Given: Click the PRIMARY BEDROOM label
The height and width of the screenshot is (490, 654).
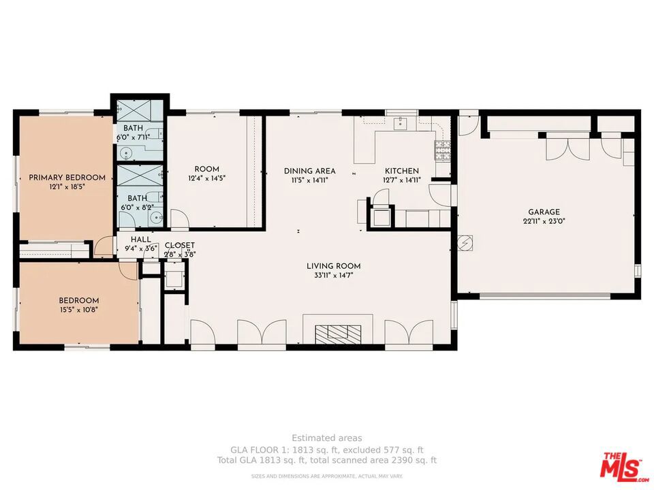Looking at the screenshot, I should coord(67,178).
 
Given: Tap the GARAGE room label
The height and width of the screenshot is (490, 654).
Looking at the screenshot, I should coord(544,212).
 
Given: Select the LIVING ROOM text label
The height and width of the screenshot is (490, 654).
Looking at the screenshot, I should coord(333,266).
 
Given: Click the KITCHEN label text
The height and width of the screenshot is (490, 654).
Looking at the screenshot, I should coord(402,171).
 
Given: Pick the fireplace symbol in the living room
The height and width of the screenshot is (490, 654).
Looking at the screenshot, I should coord(338,333).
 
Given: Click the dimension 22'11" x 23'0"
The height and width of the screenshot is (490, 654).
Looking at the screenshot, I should coord(544,221).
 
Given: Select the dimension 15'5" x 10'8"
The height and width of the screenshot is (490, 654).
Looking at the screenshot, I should coord(78,310).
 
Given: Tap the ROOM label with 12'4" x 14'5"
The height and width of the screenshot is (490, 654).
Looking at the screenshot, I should coord(206,169).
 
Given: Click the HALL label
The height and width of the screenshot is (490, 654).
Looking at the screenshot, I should coord(141,240).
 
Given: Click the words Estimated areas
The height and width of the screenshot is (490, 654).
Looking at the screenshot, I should coord(327,438).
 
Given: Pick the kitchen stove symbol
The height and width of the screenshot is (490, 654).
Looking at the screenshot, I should coord(442,148).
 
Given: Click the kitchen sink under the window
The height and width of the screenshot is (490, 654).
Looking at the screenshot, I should coord(401,123).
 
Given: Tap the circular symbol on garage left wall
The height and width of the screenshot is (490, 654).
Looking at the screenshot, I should coord(465,242).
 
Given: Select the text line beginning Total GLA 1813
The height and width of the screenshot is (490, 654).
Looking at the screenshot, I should coord(327,461).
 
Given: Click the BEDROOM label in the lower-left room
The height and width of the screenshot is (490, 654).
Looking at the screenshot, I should coord(78,301).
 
